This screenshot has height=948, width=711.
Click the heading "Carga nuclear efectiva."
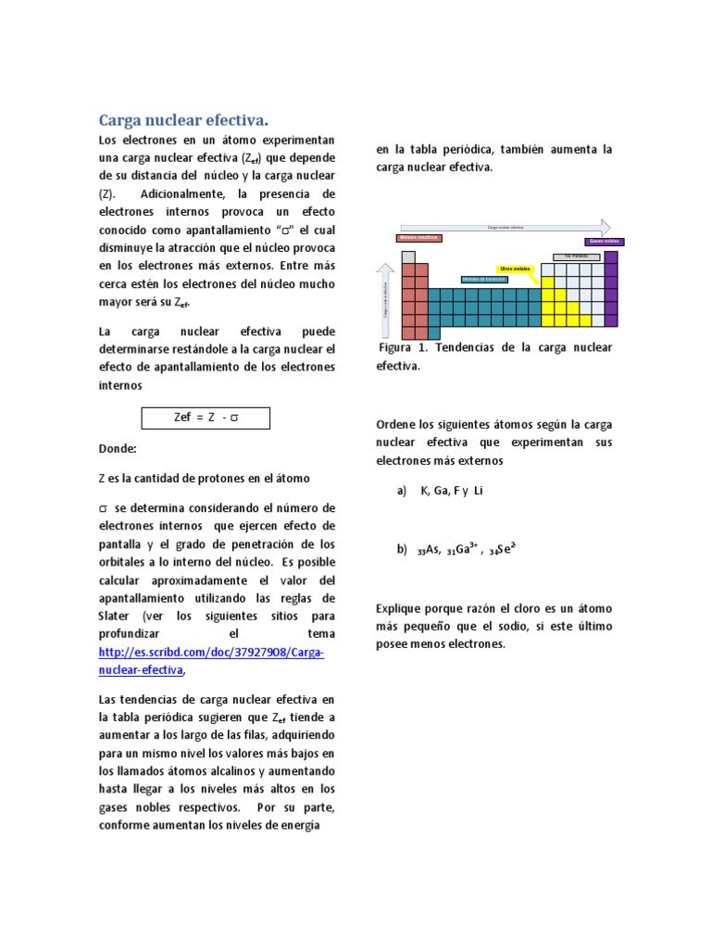(183, 120)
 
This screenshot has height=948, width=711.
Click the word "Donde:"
(118, 449)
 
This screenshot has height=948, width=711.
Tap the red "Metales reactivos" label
(419, 238)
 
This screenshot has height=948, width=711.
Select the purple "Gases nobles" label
(604, 242)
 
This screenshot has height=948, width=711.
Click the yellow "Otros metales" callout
(516, 268)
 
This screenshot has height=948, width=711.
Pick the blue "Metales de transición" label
(483, 279)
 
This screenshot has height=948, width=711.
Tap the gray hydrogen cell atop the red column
(408, 255)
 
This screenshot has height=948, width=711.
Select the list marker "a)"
(402, 491)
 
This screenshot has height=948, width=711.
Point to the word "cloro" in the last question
(505, 608)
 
